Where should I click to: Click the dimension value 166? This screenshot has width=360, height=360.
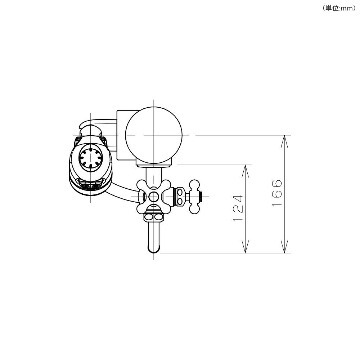tap(276, 193)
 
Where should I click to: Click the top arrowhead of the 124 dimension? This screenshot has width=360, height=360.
tap(246, 171)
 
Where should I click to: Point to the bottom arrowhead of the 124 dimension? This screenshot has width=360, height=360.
tap(246, 247)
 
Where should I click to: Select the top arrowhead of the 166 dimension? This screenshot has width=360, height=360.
tap(284, 141)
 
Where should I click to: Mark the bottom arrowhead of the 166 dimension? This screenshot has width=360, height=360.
tap(284, 247)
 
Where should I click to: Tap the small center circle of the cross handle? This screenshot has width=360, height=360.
tap(154, 197)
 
